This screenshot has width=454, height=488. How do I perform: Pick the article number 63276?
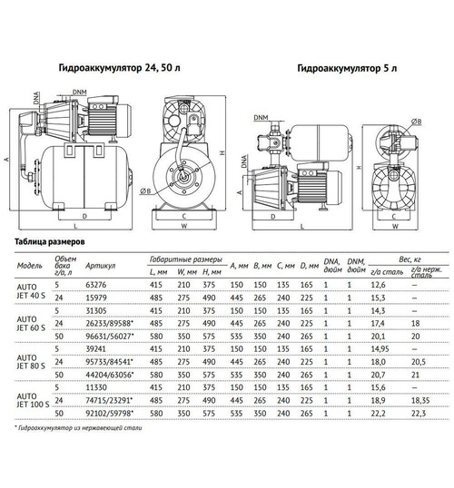[x=96, y=284]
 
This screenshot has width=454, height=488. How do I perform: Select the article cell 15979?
[x=96, y=297]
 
